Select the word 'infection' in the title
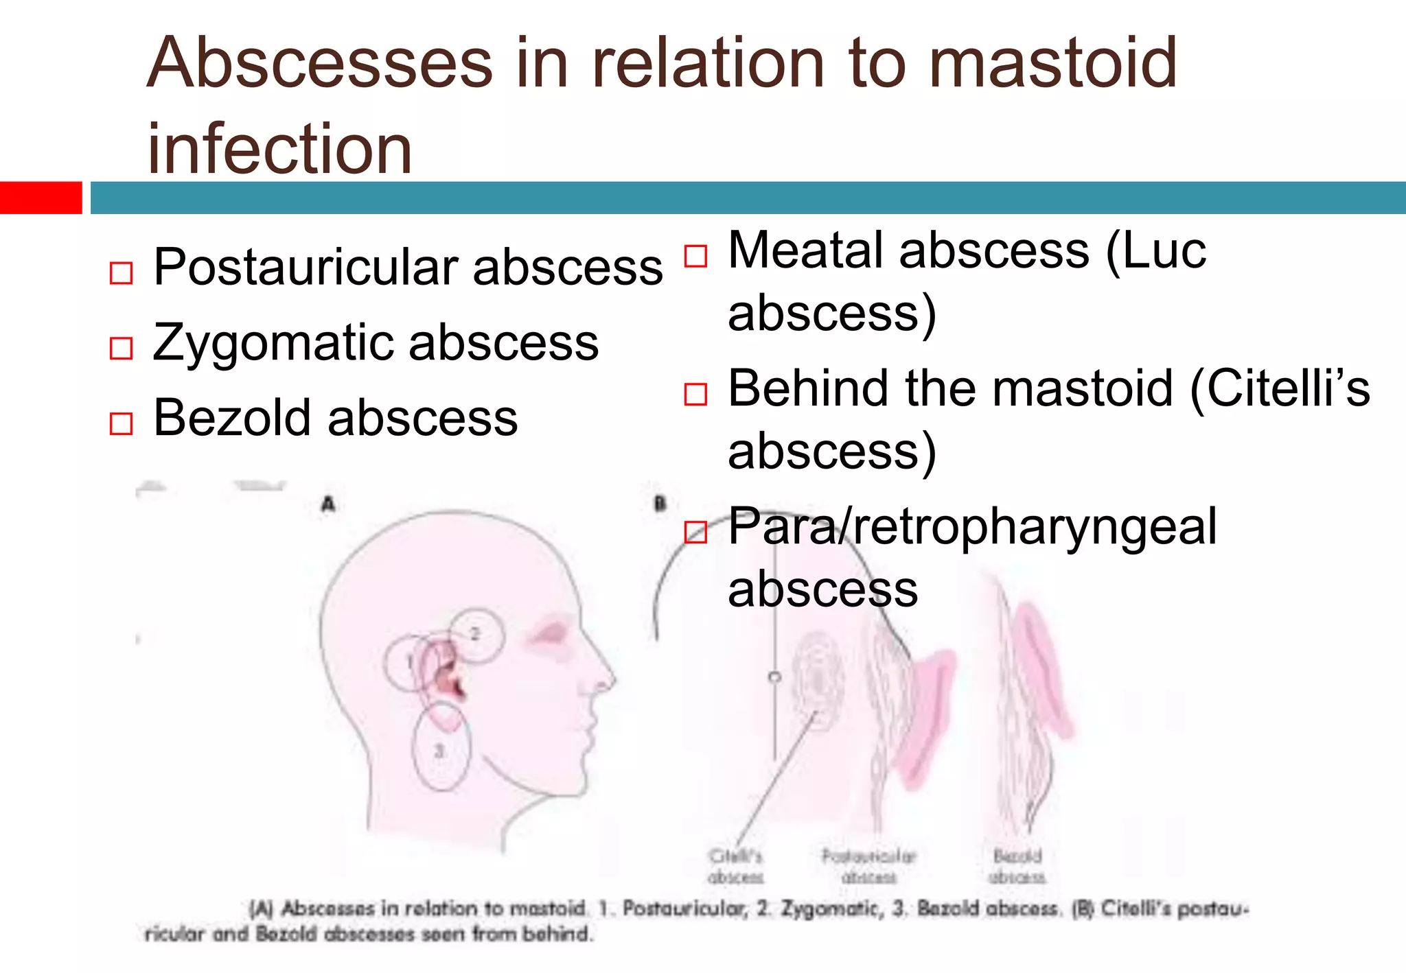[x=279, y=148]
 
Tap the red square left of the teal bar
[x=41, y=198]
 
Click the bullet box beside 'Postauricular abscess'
[x=121, y=272]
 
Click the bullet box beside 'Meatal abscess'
[x=695, y=256]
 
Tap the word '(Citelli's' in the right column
[x=1280, y=388]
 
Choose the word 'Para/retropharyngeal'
[x=972, y=527]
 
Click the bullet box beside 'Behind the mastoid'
[x=695, y=395]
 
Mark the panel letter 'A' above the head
[x=328, y=504]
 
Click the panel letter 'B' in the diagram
[x=660, y=504]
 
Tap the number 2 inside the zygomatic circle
[x=475, y=633]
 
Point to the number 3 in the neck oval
[x=439, y=751]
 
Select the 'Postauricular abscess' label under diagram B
[x=868, y=867]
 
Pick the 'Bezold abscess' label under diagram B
[x=1017, y=867]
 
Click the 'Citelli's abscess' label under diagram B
[x=735, y=867]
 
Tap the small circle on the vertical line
[x=774, y=677]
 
